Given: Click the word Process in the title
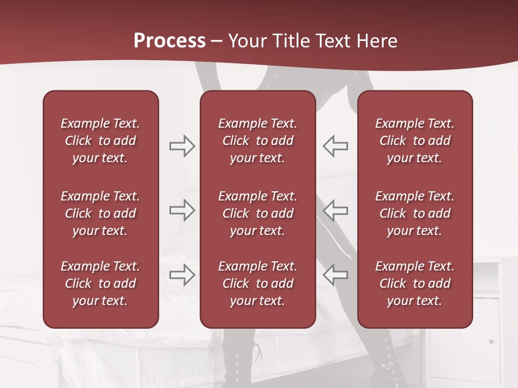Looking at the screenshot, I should pos(169,41).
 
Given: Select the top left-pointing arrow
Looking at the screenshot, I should pos(335,146).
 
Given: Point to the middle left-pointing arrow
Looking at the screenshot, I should pos(335,210).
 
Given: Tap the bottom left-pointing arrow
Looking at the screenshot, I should pos(335,275).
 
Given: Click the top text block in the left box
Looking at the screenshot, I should pos(100,141).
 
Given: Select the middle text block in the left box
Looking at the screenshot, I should pos(100,213).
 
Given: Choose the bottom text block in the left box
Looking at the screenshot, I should pos(100,283).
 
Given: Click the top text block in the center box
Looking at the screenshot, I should pos(257,141).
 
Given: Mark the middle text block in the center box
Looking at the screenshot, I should pos(257,213).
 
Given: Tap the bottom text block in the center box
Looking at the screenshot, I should pos(257,283).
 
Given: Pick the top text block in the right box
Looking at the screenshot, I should pos(414,141).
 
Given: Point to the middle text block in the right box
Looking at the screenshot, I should pos(414,213).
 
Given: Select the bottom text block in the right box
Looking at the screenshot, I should pos(414,283).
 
